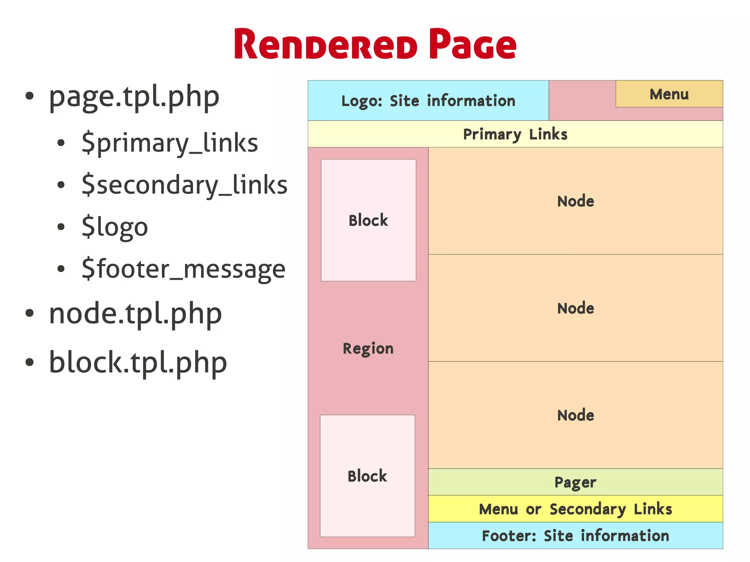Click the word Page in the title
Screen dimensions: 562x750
(472, 45)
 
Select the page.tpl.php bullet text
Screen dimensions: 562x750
(134, 97)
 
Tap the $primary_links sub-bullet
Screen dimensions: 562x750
(170, 143)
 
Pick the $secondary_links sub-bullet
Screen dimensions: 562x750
(184, 185)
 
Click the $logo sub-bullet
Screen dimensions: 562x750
(115, 227)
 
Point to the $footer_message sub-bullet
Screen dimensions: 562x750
(183, 269)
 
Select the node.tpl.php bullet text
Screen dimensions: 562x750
(135, 314)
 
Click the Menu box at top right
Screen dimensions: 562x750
(669, 94)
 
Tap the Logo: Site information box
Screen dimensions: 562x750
(428, 101)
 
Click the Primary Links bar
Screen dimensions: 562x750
(515, 134)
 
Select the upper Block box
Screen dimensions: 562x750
(368, 220)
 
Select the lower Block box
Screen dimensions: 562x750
(367, 476)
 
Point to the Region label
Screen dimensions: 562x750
(368, 349)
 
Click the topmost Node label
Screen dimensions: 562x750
(575, 201)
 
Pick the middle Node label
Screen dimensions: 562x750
(575, 308)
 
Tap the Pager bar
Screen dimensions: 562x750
(575, 482)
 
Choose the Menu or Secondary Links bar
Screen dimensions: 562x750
(575, 509)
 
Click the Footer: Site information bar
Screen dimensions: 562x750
(575, 536)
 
